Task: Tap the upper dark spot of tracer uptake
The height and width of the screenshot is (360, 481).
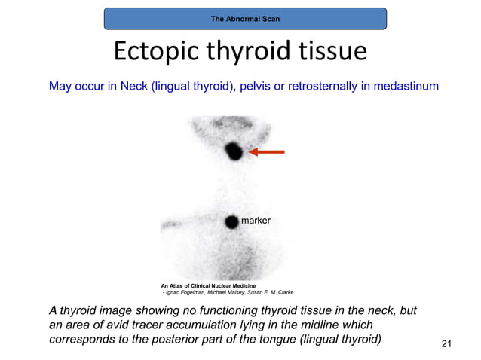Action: click(234, 152)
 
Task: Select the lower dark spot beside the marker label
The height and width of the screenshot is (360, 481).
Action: click(231, 221)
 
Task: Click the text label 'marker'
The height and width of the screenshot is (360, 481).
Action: click(255, 220)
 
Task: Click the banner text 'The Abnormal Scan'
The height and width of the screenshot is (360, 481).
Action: click(245, 18)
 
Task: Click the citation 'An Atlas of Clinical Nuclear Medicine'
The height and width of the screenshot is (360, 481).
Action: click(208, 286)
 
